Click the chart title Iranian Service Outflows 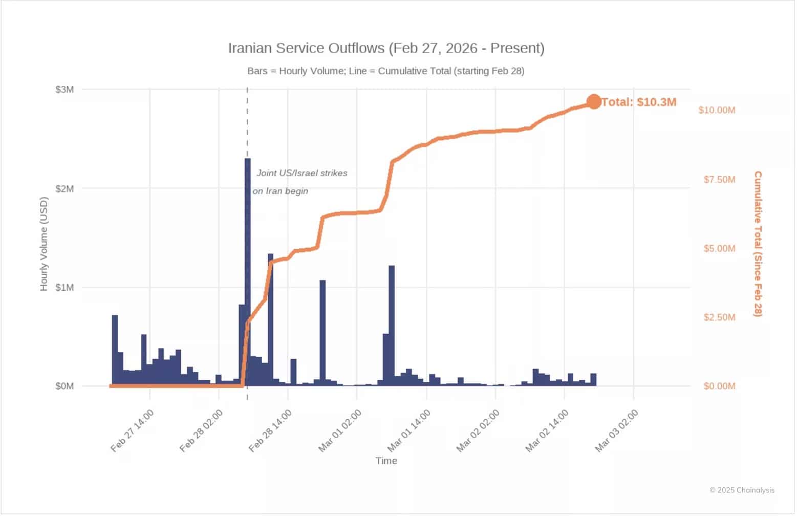click(386, 48)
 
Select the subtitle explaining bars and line click(386, 71)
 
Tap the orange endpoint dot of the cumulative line click(593, 102)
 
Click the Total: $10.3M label click(639, 102)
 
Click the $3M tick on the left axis click(64, 90)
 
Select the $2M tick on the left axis click(64, 188)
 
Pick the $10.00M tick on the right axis click(717, 110)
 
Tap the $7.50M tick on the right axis click(719, 179)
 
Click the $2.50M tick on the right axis click(719, 317)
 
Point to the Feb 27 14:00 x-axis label click(132, 431)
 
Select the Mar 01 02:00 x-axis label click(340, 431)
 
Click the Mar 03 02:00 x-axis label click(616, 431)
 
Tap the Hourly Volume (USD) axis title click(44, 244)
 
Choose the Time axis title click(386, 461)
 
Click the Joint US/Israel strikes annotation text click(301, 173)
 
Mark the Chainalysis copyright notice click(742, 490)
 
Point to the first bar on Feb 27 click(115, 351)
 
